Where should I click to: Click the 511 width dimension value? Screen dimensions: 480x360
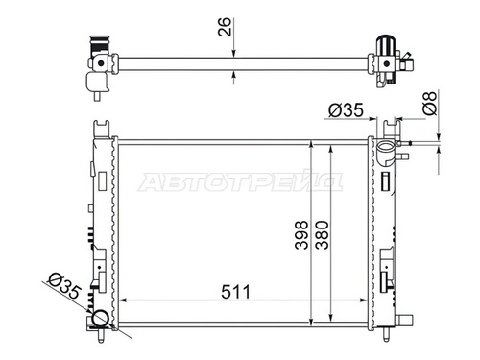[235, 292]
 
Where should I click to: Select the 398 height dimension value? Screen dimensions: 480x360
[301, 235]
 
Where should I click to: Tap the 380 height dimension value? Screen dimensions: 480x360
[322, 235]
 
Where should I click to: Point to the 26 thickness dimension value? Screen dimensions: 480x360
[225, 27]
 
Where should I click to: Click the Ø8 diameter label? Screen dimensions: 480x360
[430, 103]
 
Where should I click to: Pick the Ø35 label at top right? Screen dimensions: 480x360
[346, 110]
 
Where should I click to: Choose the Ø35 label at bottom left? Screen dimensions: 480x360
[64, 286]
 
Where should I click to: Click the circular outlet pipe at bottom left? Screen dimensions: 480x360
[100, 319]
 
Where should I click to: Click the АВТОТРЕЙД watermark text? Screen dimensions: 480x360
[241, 182]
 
